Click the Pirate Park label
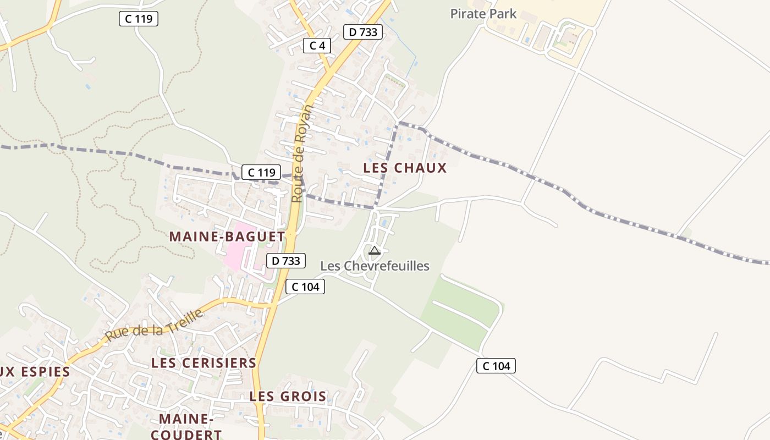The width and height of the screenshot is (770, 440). [x=483, y=14]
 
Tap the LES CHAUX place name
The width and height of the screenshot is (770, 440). [x=405, y=168]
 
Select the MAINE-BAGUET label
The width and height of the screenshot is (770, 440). [x=227, y=237]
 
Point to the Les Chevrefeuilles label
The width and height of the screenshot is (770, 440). [x=375, y=266]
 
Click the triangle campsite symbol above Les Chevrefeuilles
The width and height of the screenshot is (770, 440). [x=375, y=251]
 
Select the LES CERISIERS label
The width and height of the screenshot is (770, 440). [x=204, y=363]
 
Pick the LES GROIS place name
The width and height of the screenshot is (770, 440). [x=288, y=396]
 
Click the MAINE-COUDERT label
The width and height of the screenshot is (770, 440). [x=186, y=426]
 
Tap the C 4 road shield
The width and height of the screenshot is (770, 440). [x=317, y=46]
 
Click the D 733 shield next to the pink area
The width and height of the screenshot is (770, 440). [x=285, y=261]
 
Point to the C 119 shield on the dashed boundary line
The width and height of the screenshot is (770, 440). [x=261, y=172]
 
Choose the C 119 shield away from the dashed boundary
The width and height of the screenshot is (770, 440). [x=139, y=19]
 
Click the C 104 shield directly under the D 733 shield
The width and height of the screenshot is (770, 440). [x=305, y=287]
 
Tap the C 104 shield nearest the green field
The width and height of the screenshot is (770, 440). [x=496, y=366]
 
